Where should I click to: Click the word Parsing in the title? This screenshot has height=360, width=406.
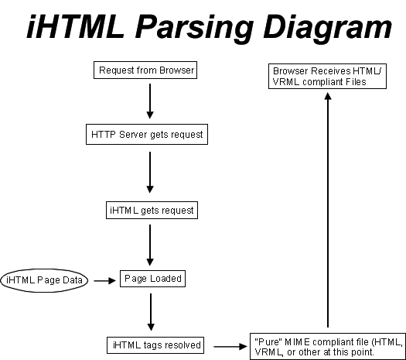point(193,28)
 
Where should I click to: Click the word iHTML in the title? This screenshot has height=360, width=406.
point(75,26)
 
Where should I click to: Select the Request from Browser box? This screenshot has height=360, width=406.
point(145,70)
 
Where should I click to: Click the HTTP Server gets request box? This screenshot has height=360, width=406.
point(147,134)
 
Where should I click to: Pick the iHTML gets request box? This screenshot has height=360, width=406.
point(152,210)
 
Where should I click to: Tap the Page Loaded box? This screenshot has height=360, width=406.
point(153,279)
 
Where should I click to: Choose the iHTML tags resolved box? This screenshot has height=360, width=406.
point(155,345)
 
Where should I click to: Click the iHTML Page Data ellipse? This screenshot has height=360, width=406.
point(44,280)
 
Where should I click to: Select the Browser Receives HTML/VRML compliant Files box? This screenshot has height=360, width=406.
point(327,76)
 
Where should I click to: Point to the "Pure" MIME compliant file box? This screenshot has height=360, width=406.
point(328,346)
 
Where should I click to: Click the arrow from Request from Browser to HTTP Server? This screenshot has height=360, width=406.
point(150,101)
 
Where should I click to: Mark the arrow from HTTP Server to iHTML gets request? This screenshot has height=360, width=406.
point(150,173)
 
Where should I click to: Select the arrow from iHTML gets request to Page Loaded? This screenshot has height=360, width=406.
point(150,245)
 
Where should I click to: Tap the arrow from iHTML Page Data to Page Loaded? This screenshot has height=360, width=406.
point(104,281)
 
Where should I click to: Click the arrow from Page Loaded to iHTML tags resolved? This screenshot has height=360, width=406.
point(151,312)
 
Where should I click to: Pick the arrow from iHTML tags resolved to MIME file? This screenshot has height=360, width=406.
point(230,346)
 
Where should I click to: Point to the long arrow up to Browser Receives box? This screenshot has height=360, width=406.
point(328,210)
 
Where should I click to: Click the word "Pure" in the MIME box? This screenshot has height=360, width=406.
point(268,342)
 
